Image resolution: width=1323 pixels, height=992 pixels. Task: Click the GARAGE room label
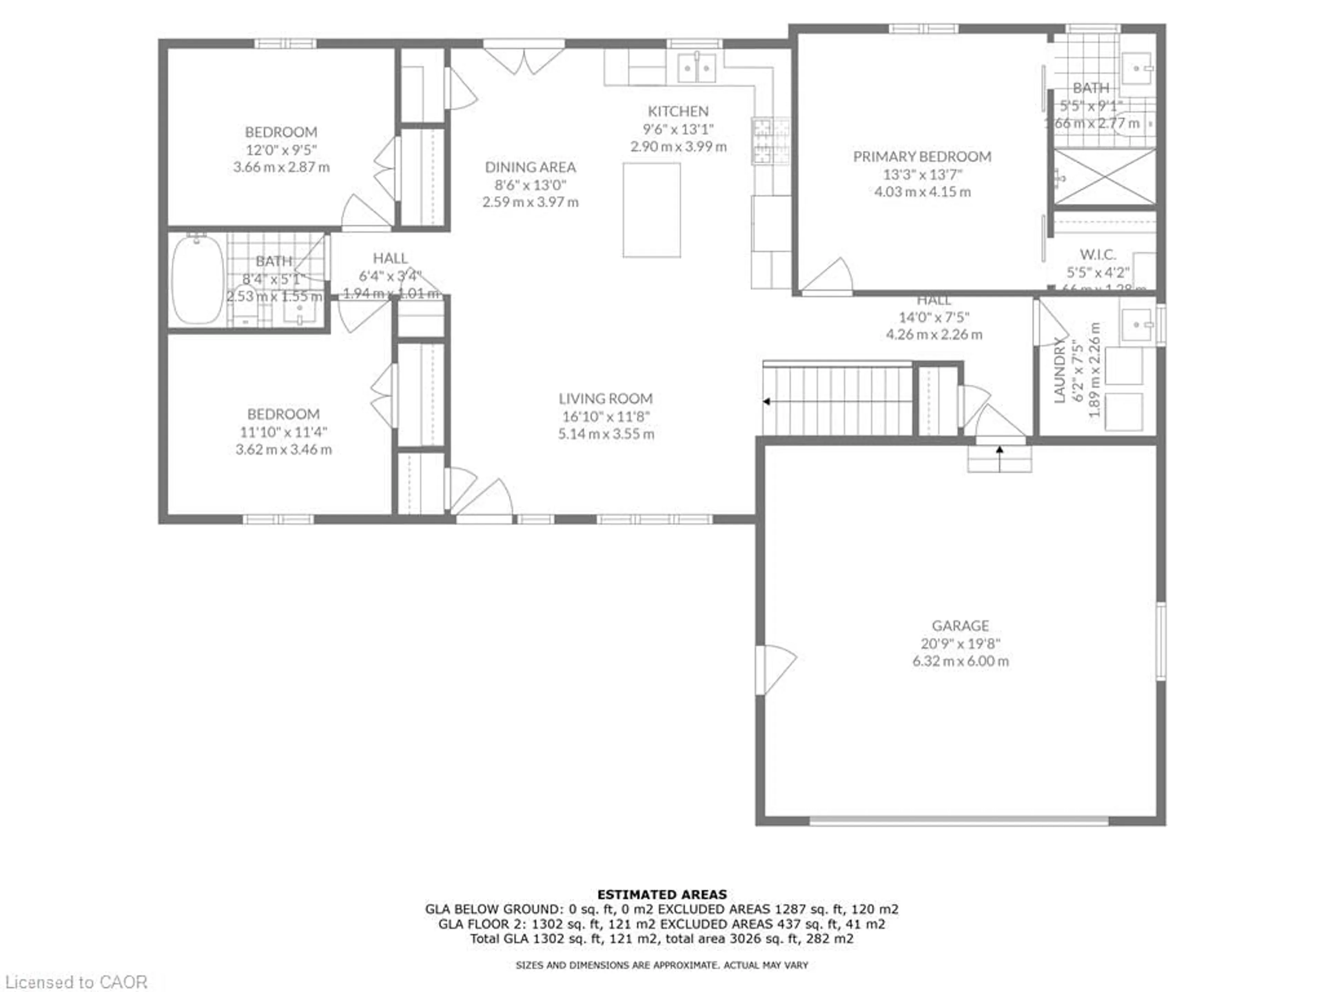[x=960, y=626]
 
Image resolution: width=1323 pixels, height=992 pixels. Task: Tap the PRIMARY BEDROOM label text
[x=922, y=157]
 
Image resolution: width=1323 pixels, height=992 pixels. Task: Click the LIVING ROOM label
[x=605, y=398]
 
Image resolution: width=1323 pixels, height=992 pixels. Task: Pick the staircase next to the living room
[x=837, y=401]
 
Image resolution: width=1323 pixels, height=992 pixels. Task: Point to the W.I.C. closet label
[x=1098, y=254]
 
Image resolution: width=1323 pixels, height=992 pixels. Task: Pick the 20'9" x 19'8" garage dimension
[x=960, y=643]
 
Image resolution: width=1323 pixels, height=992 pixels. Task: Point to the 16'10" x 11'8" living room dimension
[x=605, y=416]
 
